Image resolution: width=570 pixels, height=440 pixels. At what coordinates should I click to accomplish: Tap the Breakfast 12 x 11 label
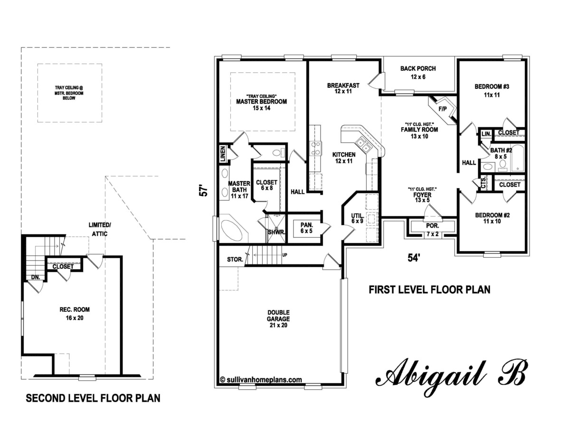click(343, 88)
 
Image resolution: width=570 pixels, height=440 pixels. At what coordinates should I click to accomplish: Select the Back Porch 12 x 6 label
click(418, 72)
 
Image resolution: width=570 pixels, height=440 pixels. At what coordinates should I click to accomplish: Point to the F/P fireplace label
click(443, 109)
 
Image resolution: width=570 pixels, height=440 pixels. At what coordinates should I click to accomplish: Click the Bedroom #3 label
click(492, 90)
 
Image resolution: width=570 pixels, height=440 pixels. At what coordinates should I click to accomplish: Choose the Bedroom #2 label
click(492, 218)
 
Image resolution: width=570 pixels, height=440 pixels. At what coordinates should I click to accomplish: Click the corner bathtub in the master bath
click(232, 231)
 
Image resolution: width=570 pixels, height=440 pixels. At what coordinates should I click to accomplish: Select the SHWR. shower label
click(276, 232)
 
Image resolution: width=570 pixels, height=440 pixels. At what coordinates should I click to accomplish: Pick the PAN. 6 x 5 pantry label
click(306, 228)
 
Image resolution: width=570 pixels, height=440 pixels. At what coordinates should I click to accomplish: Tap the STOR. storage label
click(236, 260)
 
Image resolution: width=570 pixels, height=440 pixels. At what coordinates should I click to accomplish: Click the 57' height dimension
click(203, 191)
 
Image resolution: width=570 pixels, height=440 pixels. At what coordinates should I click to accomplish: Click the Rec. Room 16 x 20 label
click(71, 313)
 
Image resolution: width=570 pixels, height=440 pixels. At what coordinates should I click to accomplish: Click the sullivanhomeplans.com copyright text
click(261, 379)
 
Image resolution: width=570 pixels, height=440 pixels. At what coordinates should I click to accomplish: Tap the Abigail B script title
click(451, 375)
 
